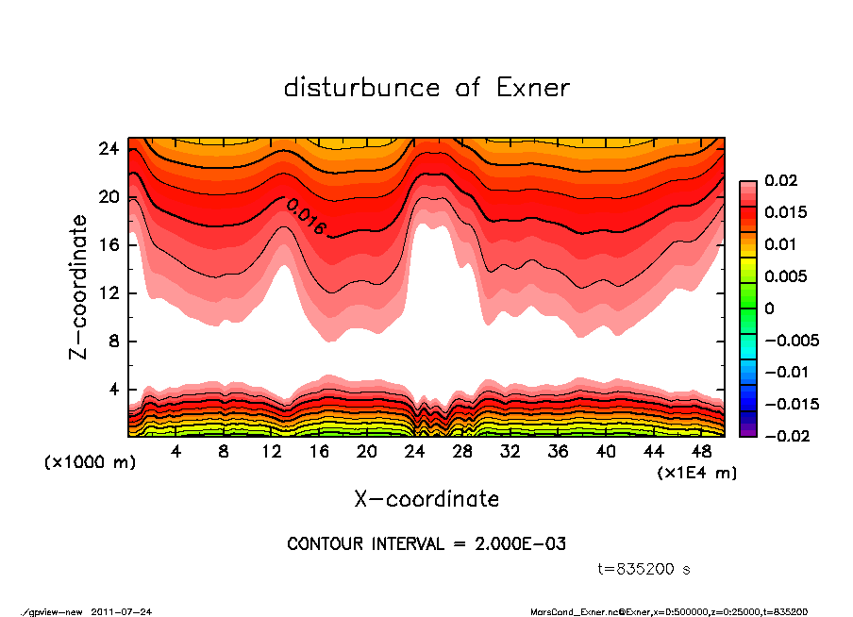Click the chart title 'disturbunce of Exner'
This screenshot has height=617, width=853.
point(426,88)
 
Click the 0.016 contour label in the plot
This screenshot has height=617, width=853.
point(306,217)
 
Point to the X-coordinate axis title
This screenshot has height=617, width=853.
point(426,498)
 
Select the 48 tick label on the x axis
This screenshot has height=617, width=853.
point(702,452)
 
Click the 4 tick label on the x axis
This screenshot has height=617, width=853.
point(176,452)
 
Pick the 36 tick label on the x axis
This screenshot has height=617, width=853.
point(559,452)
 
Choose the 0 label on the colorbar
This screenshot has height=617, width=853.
point(769,308)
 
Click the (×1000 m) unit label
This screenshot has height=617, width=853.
point(82,463)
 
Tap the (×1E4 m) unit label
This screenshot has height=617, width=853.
point(696,472)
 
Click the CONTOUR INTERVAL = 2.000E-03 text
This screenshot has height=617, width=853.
point(426,544)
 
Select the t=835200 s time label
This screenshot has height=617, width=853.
point(644,569)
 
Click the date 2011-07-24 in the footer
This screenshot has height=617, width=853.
point(121,611)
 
